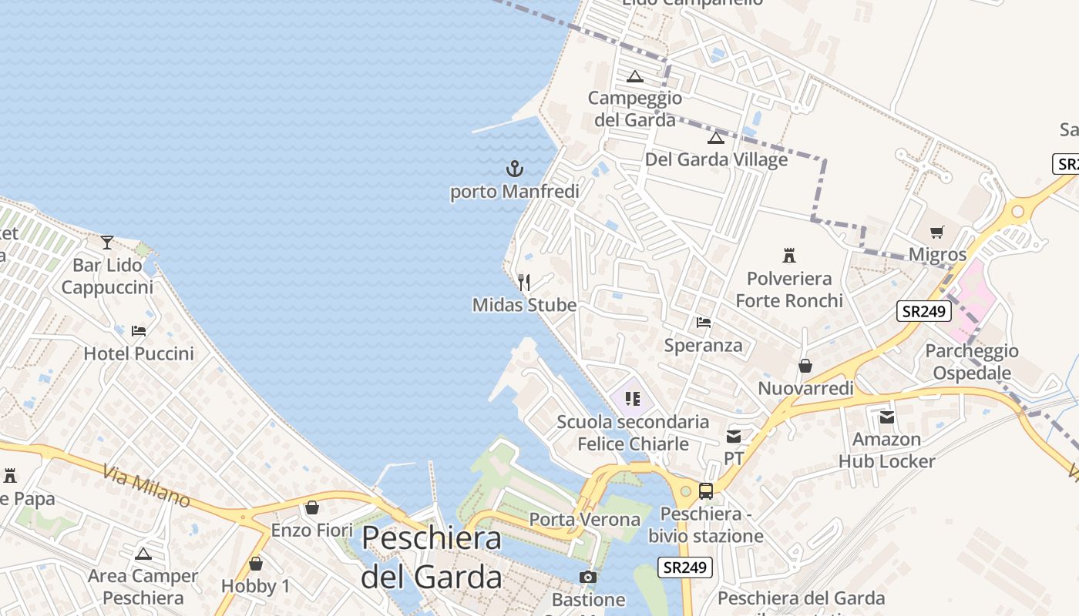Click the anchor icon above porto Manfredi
(x=514, y=168)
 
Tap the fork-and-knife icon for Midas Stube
(x=524, y=282)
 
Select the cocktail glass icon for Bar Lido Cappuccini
(x=107, y=243)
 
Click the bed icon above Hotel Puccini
(x=139, y=331)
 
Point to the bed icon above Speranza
(x=704, y=322)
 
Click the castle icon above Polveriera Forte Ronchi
(x=788, y=255)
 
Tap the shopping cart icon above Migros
(x=937, y=232)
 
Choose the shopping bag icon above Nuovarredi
(x=805, y=366)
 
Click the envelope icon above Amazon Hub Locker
(x=887, y=417)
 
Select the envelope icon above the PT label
(x=733, y=437)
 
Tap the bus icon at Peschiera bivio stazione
(x=705, y=490)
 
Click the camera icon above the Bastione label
(x=588, y=577)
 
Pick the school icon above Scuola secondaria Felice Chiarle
(x=633, y=398)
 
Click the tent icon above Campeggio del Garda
(x=634, y=76)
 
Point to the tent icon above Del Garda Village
(x=716, y=138)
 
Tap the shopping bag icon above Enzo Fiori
(x=312, y=508)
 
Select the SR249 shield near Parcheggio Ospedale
(x=924, y=311)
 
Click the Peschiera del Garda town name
(x=432, y=556)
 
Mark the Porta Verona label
(x=585, y=519)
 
